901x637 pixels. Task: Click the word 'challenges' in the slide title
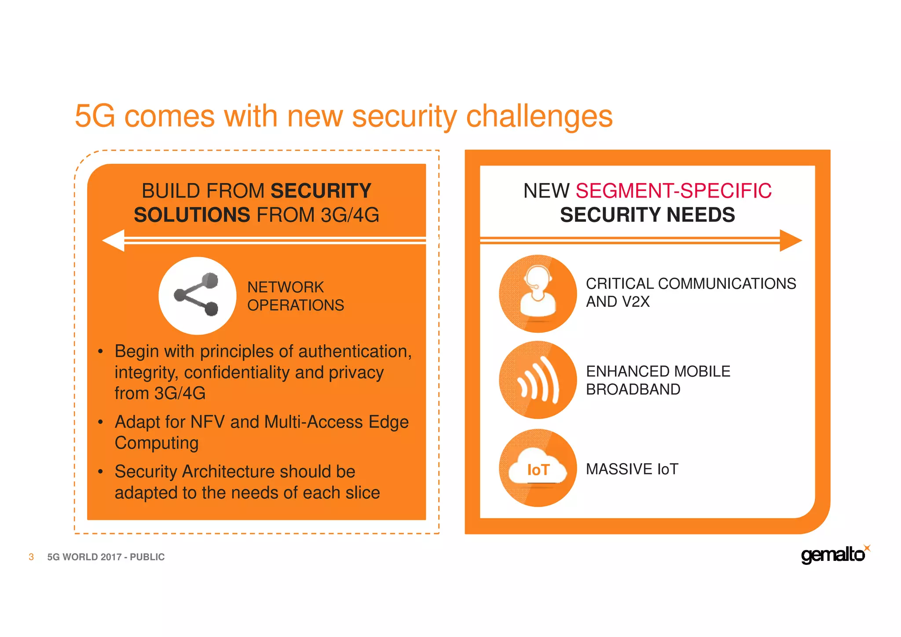[539, 117]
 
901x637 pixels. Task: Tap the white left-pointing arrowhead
[114, 240]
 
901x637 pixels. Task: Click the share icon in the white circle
[197, 295]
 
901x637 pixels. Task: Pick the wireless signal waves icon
[538, 379]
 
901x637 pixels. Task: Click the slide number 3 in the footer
[31, 557]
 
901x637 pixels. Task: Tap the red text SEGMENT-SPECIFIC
[673, 191]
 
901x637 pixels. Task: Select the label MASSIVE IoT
[632, 469]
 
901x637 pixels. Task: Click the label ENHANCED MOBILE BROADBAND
[658, 380]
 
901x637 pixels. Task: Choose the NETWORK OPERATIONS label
[295, 296]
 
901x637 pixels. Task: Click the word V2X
[636, 302]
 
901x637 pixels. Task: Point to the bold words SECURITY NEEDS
[647, 215]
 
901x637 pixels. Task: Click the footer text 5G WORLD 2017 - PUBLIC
[106, 557]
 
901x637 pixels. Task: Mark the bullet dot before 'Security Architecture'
[101, 472]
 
